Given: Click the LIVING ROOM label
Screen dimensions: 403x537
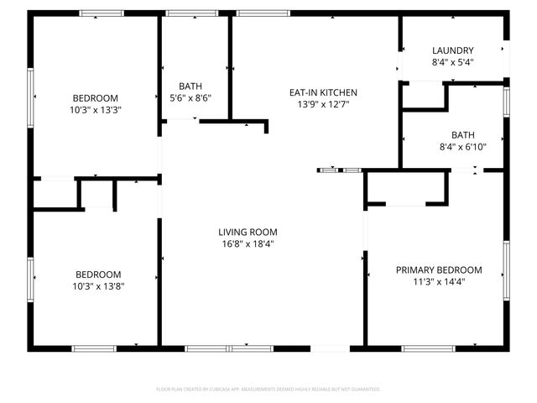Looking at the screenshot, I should [x=248, y=232].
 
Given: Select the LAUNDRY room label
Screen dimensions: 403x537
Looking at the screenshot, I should [x=452, y=50].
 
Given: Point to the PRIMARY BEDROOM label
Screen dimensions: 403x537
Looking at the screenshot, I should [x=439, y=270].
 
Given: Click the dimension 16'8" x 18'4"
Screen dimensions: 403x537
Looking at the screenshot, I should [x=248, y=244].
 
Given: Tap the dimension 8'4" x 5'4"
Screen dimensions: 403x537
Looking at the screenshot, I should [x=452, y=62].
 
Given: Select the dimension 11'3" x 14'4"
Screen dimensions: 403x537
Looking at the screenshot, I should [x=439, y=282].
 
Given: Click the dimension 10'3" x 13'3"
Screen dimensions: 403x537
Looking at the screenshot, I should [x=95, y=109].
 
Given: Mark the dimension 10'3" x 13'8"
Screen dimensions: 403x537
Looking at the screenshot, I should [x=98, y=286].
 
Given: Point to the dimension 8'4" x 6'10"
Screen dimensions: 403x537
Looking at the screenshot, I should [x=462, y=146].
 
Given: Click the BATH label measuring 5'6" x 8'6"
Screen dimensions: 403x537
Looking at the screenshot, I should [x=190, y=86].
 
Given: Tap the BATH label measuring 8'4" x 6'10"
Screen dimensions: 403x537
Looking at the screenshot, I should [x=462, y=134].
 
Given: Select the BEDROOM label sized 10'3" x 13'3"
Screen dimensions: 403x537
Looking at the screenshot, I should [x=95, y=97].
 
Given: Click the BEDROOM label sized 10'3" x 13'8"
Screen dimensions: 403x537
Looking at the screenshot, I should [x=98, y=274].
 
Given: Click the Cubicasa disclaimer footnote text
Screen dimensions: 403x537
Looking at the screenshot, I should [x=268, y=389].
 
